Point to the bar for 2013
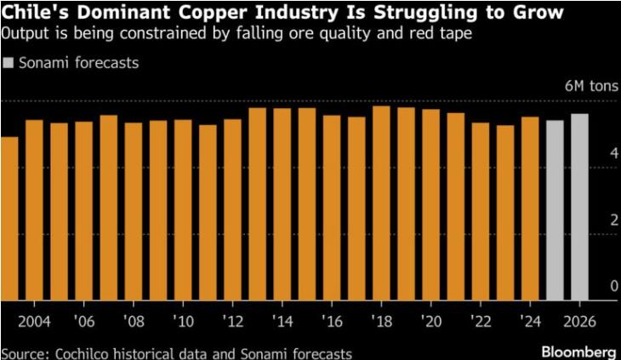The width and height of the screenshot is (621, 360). (x=257, y=204)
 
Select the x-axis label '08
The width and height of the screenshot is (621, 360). (x=134, y=323)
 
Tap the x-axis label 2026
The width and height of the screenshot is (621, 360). (x=579, y=323)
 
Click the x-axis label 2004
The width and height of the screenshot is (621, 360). (x=34, y=323)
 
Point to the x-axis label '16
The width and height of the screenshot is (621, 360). (x=332, y=323)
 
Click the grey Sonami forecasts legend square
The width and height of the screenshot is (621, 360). (x=9, y=63)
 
